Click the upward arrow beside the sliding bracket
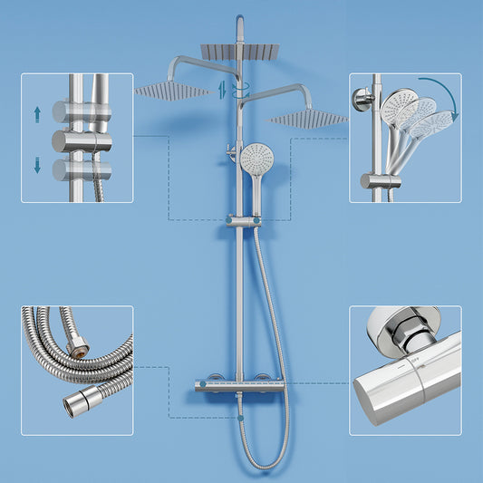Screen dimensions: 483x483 tap(36, 113)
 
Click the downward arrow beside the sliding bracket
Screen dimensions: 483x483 tap(36, 164)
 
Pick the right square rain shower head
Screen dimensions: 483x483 tap(308, 118)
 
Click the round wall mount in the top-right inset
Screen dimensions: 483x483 tap(363, 101)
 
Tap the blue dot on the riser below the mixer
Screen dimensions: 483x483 tap(239, 419)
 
